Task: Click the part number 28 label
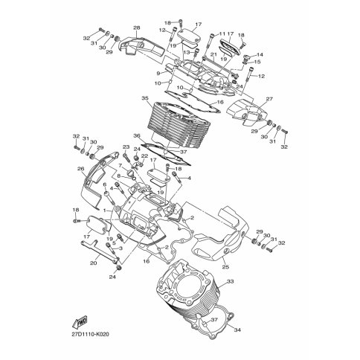(137, 28)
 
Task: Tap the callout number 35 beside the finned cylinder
(145, 98)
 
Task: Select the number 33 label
(231, 281)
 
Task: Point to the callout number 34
(237, 330)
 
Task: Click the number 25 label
(226, 267)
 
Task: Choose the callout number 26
(81, 169)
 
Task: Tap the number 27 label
(269, 99)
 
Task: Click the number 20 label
(94, 263)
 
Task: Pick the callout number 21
(213, 54)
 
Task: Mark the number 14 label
(260, 54)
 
